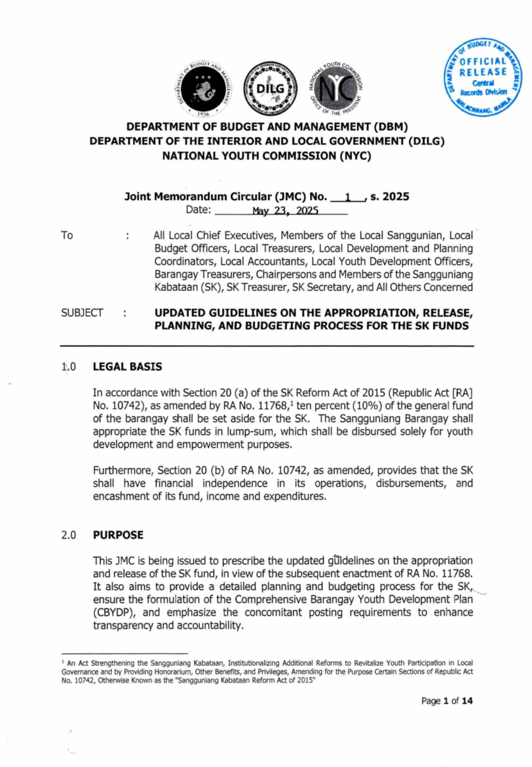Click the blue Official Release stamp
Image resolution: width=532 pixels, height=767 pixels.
pyautogui.click(x=483, y=78)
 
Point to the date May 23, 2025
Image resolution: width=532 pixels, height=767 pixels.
pyautogui.click(x=285, y=210)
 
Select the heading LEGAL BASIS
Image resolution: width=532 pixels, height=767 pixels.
pyautogui.click(x=127, y=367)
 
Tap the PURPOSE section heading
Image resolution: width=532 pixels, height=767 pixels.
pyautogui.click(x=118, y=535)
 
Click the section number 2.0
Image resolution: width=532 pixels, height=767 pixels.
pyautogui.click(x=69, y=535)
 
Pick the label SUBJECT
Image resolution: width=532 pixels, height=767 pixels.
pyautogui.click(x=82, y=313)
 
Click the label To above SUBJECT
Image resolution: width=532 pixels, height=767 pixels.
pyautogui.click(x=67, y=235)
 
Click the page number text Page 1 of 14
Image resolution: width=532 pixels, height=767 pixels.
pyautogui.click(x=447, y=701)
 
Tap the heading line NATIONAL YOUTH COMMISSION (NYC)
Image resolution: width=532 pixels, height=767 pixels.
pyautogui.click(x=266, y=156)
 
